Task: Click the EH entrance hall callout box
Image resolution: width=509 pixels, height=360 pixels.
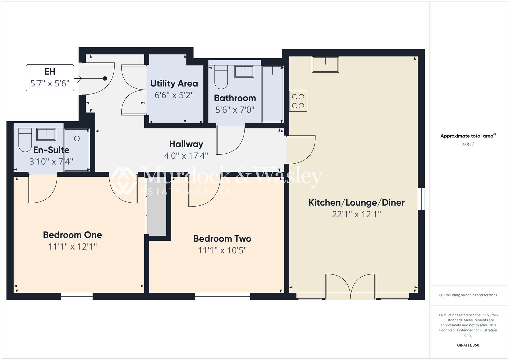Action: point(50,78)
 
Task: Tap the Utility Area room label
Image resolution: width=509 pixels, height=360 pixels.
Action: point(174,83)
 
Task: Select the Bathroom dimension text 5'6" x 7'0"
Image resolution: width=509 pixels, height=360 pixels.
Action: point(235,110)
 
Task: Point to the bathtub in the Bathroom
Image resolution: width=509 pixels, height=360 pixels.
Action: point(272,94)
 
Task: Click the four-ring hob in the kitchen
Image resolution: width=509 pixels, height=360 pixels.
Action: point(298,101)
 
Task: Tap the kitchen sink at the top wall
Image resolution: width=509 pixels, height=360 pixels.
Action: point(325,64)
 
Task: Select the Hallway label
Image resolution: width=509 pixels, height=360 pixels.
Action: point(186,144)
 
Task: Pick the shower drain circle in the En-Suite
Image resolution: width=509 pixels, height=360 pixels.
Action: point(77,138)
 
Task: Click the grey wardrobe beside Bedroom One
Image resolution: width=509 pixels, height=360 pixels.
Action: point(157,215)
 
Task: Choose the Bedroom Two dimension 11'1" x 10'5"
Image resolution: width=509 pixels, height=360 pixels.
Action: point(222,250)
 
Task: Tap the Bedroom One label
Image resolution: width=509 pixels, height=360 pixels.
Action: point(72,235)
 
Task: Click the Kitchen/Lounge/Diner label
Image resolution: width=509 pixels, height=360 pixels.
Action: point(356,202)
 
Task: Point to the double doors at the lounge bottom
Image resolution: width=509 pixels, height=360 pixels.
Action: point(351,286)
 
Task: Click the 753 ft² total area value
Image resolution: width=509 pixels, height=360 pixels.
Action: point(468,145)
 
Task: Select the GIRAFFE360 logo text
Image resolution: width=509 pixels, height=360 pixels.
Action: point(468,345)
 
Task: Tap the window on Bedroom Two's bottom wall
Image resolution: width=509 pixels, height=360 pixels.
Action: point(222,296)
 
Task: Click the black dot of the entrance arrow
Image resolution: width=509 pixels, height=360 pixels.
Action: point(105,78)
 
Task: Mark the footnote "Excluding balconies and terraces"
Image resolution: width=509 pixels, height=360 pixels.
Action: point(468,295)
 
